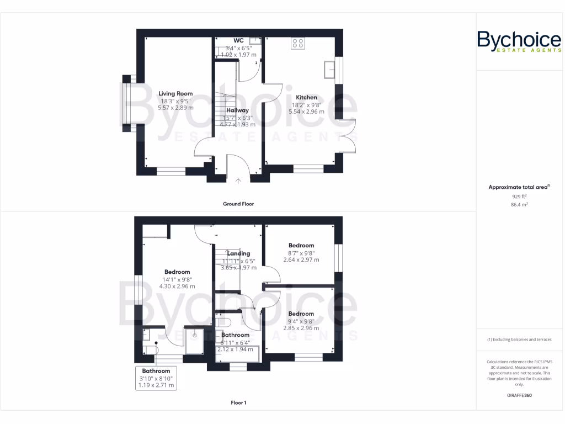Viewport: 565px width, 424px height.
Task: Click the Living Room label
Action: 175,94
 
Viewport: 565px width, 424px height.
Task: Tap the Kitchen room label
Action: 306,97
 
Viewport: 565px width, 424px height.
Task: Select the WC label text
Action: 238,40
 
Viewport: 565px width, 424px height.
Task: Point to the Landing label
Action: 238,253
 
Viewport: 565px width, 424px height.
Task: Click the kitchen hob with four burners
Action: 298,44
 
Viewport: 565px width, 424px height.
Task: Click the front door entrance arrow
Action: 238,180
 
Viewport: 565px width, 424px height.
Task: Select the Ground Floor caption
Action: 238,204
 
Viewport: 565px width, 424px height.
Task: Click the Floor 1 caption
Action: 238,402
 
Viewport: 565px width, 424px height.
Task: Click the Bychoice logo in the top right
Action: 519,42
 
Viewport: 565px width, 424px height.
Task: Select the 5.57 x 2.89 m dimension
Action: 175,109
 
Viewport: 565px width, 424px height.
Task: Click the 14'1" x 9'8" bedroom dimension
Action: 177,279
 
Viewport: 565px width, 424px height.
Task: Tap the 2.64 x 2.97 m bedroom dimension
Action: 301,260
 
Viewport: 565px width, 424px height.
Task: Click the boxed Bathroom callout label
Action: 156,378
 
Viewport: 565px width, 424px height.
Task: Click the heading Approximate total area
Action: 519,187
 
